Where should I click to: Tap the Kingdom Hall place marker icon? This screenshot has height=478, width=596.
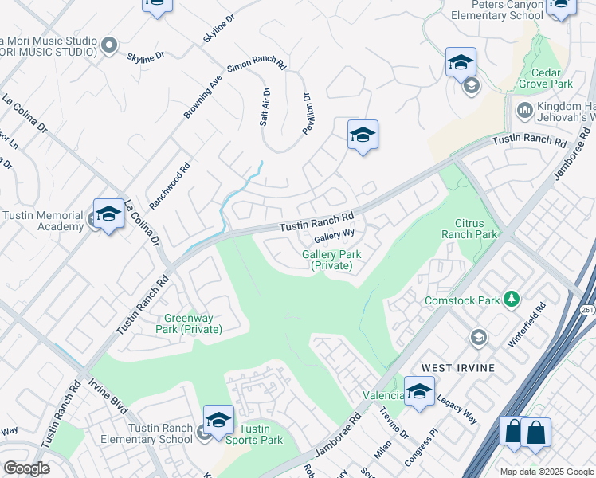pos(524,109)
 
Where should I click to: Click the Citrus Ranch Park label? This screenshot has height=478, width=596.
pos(476,229)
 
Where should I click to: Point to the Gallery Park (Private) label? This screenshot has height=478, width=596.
pos(331,260)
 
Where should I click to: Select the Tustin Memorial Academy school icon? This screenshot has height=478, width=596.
pos(108,214)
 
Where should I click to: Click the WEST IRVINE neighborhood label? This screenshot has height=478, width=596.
pos(458,367)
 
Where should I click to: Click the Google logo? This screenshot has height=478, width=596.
pos(26,468)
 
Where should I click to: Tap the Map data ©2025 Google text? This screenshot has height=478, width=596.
pos(547,471)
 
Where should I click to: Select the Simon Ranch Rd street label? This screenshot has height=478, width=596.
pos(257,64)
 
